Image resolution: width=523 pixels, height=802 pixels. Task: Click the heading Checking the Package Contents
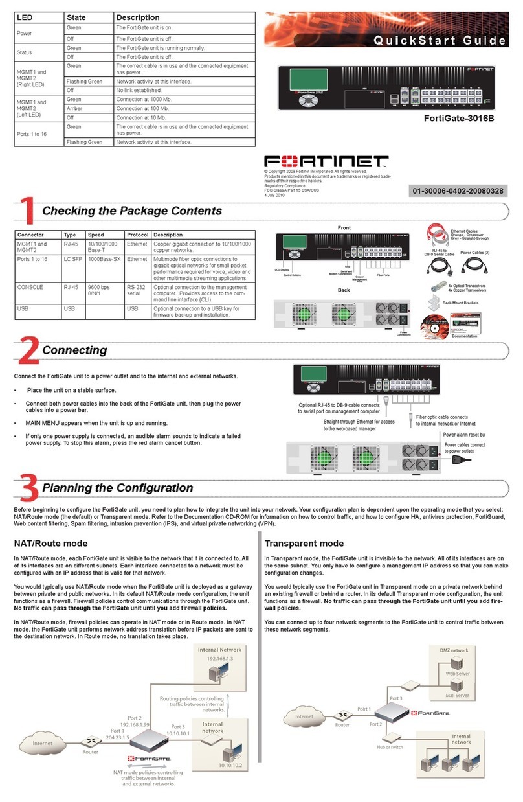point(131,211)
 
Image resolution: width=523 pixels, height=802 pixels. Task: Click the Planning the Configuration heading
point(117,487)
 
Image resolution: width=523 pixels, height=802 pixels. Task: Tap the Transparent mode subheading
point(304,543)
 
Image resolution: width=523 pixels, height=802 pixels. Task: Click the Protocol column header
point(138,235)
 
